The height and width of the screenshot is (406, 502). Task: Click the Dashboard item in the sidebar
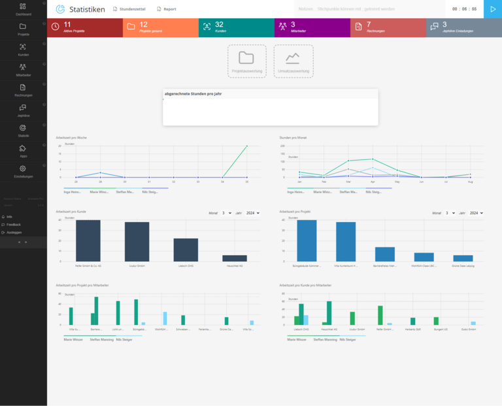coord(23,9)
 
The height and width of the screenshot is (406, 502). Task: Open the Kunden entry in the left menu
coord(23,50)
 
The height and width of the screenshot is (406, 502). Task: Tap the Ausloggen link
coord(14,232)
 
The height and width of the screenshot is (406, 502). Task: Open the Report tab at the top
coord(166,9)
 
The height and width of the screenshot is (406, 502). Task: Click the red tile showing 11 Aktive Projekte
coord(85,27)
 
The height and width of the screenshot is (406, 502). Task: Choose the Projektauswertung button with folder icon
coord(246,61)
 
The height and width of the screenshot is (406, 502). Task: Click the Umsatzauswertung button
coord(293,61)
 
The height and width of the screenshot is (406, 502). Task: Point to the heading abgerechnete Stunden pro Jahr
coord(193,94)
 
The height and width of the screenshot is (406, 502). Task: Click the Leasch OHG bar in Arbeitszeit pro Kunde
coord(186,249)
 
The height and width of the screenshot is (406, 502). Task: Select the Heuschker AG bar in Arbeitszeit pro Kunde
coord(235,258)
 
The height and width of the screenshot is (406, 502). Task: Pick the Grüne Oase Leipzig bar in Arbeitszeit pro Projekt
coord(463,258)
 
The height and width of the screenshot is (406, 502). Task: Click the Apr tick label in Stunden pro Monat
coord(373,181)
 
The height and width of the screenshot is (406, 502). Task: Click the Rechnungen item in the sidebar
coord(23,89)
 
